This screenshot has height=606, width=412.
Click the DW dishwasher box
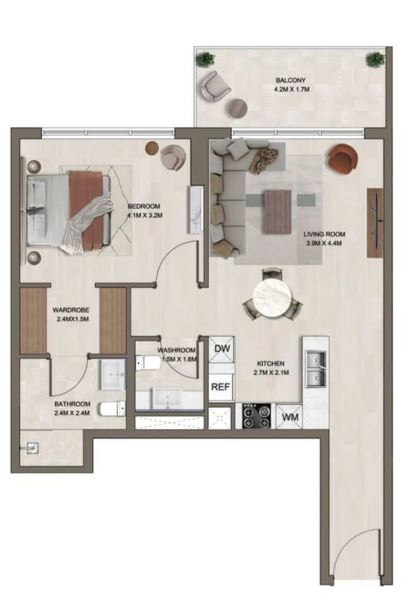(x=221, y=349)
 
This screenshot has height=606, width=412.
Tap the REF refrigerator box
(x=221, y=387)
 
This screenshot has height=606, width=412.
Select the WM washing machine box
(x=290, y=417)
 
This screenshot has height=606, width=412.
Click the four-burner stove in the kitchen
(x=256, y=416)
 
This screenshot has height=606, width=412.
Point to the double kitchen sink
(x=316, y=369)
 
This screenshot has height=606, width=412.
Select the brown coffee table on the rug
(x=278, y=211)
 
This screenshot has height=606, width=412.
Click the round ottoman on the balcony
(x=237, y=108)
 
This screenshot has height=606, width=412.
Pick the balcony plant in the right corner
(x=374, y=59)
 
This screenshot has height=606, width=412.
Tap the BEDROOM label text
(x=144, y=206)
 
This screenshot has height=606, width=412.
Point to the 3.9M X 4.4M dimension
(x=323, y=243)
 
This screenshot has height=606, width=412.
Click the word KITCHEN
(x=271, y=364)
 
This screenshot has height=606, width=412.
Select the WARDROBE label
(x=71, y=310)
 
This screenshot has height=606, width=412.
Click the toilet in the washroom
(x=148, y=363)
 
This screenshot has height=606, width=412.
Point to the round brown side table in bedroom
(x=152, y=148)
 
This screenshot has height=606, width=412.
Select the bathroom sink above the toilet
(x=113, y=374)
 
